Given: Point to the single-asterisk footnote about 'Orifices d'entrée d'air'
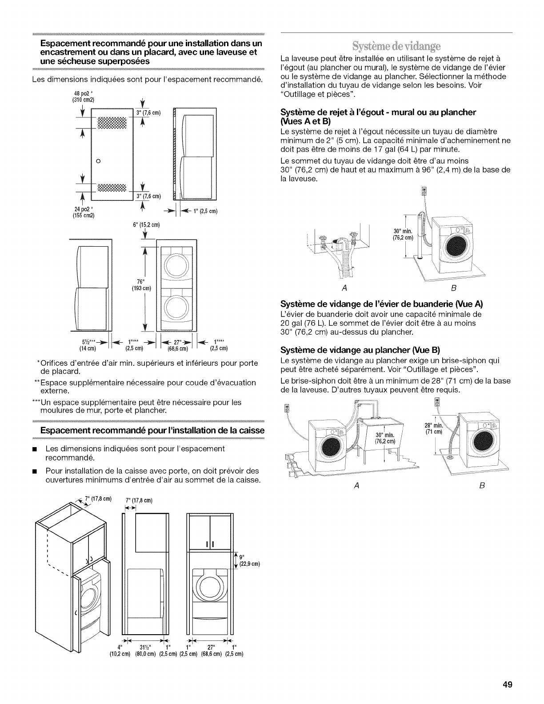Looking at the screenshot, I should (147, 367).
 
